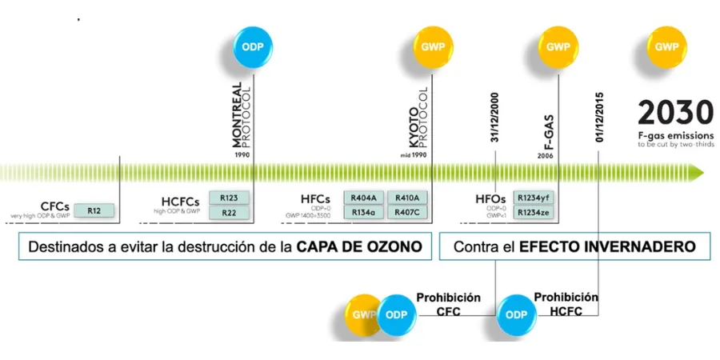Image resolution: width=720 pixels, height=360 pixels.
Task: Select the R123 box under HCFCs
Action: (229, 198)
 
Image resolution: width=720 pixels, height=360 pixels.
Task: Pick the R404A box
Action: (364, 198)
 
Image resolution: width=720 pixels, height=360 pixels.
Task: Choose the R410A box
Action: (408, 198)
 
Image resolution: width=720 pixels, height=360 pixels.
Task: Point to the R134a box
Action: (364, 212)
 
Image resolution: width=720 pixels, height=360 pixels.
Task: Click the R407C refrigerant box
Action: (408, 212)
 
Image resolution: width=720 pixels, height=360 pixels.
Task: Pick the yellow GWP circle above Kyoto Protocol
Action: (432, 47)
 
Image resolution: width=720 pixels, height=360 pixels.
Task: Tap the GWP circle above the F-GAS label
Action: (557, 47)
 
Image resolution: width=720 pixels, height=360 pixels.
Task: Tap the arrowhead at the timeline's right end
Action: (698, 170)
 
